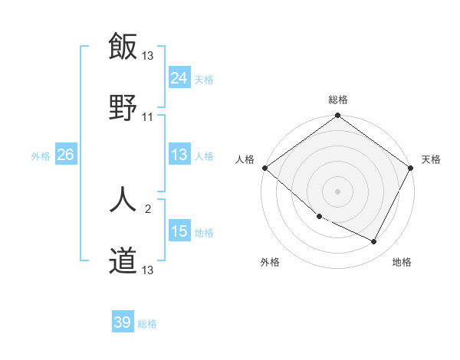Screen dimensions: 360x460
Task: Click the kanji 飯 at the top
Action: click(x=123, y=46)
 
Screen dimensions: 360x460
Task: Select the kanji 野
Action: click(x=123, y=107)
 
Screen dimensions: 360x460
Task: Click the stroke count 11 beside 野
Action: click(x=148, y=117)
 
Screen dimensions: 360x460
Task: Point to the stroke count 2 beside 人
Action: click(x=148, y=208)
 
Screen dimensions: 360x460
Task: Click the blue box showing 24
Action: click(x=179, y=77)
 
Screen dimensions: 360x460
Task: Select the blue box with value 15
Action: click(x=179, y=231)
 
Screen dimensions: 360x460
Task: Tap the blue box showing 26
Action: click(x=65, y=155)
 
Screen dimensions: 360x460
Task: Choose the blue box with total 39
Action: click(x=123, y=322)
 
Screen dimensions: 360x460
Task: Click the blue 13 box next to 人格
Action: click(x=179, y=155)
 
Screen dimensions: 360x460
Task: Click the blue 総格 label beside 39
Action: click(x=147, y=324)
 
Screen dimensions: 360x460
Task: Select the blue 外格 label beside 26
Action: click(x=41, y=155)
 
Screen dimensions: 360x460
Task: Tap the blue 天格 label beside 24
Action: click(x=204, y=78)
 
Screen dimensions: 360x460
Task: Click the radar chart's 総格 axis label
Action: click(x=338, y=100)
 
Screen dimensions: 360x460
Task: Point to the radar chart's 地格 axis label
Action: click(x=402, y=262)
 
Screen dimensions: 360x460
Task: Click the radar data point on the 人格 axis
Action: click(x=264, y=168)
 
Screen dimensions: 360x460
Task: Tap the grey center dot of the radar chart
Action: click(x=338, y=191)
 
